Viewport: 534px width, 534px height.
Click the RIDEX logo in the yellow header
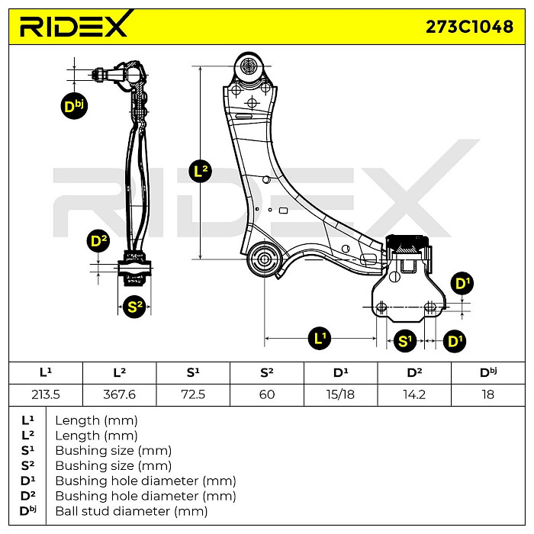[75, 26]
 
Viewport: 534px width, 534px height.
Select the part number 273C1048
[468, 27]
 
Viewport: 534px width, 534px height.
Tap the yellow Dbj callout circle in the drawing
[74, 106]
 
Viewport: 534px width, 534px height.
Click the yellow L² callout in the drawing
[201, 171]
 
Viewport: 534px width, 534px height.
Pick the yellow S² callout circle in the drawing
[135, 307]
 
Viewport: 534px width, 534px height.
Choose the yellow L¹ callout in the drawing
[320, 336]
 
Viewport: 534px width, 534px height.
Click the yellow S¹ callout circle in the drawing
[405, 340]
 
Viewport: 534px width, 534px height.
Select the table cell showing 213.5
[45, 394]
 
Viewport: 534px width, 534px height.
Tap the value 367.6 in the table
[119, 394]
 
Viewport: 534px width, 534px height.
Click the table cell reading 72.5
[193, 394]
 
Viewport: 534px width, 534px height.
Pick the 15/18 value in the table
[340, 394]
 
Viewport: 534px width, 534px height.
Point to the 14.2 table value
[414, 394]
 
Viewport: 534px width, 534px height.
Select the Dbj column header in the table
[488, 372]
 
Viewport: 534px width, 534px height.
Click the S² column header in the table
[266, 372]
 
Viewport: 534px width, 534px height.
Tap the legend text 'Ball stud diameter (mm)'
[131, 511]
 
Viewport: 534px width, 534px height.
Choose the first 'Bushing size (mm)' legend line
[113, 450]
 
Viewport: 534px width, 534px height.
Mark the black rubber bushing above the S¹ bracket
[409, 243]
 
